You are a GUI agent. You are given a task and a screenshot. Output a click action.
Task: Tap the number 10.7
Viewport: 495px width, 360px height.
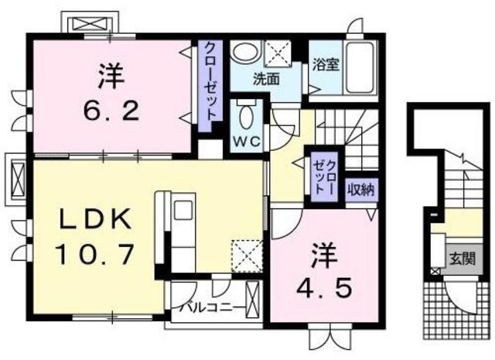[x=95, y=252]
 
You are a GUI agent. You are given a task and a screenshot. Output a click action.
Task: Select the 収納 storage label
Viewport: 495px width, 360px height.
[x=360, y=188]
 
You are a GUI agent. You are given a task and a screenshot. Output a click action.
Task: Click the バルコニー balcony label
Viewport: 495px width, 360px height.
[x=210, y=307]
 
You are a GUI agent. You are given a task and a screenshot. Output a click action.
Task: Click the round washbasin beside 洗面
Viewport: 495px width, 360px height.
[x=245, y=52]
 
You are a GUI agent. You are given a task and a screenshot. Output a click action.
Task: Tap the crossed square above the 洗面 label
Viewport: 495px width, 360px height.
[x=278, y=53]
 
